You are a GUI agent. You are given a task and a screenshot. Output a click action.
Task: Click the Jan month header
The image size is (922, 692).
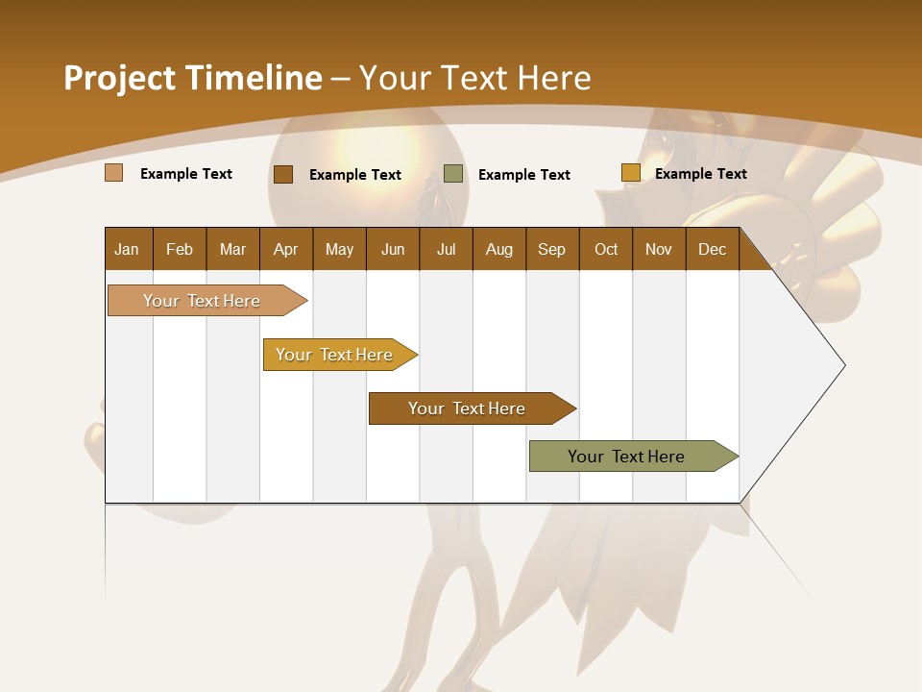tap(128, 249)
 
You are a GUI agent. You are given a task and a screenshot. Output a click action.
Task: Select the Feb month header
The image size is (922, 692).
tap(180, 249)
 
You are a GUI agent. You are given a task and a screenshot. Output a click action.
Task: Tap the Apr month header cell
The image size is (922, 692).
tap(286, 249)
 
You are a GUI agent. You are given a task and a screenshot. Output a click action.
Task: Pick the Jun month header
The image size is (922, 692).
tap(393, 249)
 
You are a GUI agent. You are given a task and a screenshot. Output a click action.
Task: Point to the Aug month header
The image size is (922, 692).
tap(499, 249)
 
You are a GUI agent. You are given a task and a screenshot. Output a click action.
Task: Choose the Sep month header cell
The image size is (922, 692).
tap(552, 249)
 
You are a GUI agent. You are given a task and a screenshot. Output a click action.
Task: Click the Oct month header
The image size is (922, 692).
tap(606, 249)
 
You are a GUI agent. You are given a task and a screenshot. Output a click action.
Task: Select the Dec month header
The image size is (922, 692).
tap(713, 249)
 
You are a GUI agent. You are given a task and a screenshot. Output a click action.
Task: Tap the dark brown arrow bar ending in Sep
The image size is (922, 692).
tap(468, 408)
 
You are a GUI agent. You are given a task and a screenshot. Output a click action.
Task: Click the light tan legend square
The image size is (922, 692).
tap(114, 173)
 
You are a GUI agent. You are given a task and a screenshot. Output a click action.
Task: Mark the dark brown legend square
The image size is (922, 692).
tap(283, 174)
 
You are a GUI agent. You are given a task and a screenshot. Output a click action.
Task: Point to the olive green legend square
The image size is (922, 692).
tap(453, 174)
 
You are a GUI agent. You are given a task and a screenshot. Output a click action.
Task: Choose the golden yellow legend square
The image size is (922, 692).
tap(630, 173)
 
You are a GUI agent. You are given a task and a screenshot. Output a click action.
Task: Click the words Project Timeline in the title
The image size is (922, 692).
tap(193, 78)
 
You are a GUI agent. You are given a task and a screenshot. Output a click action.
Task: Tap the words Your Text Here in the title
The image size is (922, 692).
tap(475, 78)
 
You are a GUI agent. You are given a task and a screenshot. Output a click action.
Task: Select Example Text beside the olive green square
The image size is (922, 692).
tap(524, 175)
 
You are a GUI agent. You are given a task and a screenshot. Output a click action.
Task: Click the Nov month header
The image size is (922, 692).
tap(659, 249)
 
